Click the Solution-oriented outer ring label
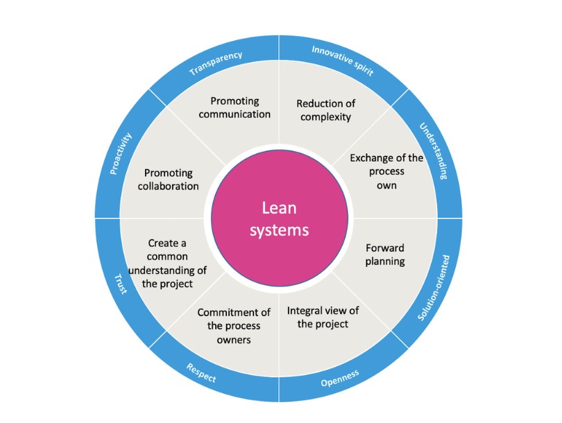point(435,288)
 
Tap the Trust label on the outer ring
point(121,283)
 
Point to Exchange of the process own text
point(386,171)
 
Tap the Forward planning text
point(385,254)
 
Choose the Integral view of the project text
point(323,317)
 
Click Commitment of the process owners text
point(233,326)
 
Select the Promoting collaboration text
point(169,180)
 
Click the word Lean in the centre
point(279,207)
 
